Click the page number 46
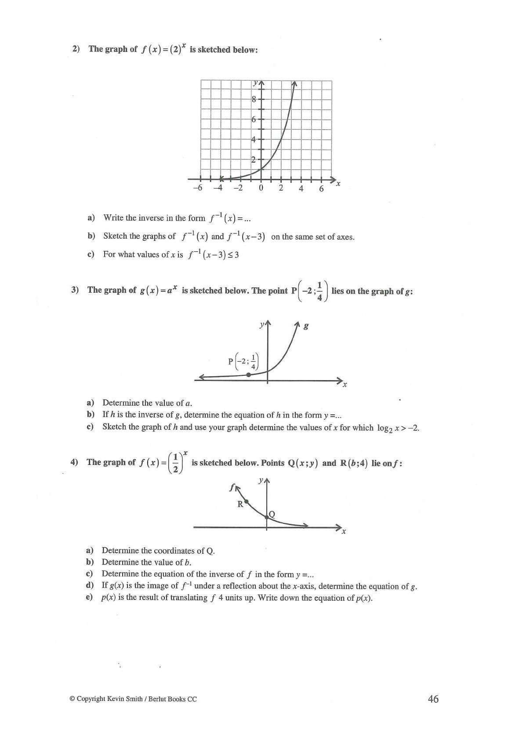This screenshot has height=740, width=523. tap(433, 699)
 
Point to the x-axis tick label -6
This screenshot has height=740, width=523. tap(198, 189)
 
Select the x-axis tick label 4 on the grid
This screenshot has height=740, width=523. tap(301, 189)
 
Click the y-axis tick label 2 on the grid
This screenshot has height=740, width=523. tap(254, 160)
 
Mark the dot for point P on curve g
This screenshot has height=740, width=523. tap(249, 375)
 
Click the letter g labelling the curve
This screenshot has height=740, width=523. tap(306, 326)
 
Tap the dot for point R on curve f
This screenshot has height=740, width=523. tap(246, 501)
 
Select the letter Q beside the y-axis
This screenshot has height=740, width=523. tap(272, 514)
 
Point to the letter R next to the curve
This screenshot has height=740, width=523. tap(240, 504)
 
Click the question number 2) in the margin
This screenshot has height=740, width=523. tap(76, 49)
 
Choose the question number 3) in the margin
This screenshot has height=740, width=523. tap(75, 290)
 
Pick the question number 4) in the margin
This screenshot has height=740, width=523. tap(74, 462)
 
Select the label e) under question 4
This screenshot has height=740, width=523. tap(90, 597)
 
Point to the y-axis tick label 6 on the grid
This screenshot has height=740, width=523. tap(254, 119)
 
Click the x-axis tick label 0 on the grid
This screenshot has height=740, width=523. tap(261, 189)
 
